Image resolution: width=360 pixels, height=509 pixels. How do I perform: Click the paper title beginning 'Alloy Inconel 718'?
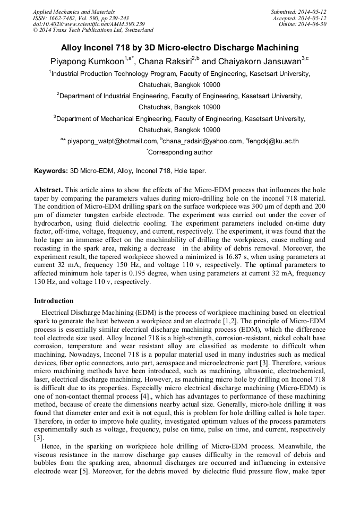179,47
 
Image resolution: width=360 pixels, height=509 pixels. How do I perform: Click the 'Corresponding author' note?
180,152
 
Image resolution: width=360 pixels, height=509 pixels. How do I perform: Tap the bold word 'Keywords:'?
50,171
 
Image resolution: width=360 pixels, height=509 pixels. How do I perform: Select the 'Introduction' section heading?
54,300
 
